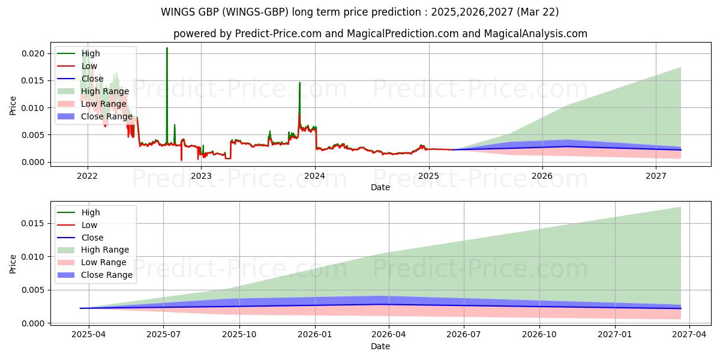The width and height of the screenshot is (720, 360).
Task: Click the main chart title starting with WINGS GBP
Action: (x=360, y=11)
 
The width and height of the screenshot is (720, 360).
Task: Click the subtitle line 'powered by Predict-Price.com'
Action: (x=380, y=34)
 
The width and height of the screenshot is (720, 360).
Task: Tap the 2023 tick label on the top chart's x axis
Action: (x=201, y=176)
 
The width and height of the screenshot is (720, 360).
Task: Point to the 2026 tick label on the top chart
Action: (x=542, y=176)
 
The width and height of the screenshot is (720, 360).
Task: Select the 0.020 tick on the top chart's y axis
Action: (x=32, y=53)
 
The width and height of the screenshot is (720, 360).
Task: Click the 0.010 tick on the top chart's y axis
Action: (x=32, y=108)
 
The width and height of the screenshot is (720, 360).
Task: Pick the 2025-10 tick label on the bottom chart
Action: (x=239, y=335)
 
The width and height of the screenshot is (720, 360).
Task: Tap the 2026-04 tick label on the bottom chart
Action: (x=389, y=335)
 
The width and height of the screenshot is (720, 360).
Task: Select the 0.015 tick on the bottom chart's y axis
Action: (x=32, y=223)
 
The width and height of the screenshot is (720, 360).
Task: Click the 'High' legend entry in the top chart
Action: (x=91, y=53)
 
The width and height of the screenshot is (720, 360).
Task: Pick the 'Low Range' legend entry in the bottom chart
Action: (x=104, y=262)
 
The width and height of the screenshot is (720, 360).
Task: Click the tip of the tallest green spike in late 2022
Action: (x=167, y=48)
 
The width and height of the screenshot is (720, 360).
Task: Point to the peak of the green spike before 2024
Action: (x=299, y=83)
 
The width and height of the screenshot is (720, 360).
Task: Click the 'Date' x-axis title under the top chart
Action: (x=380, y=187)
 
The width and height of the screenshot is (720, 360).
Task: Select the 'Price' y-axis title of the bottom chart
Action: (x=13, y=264)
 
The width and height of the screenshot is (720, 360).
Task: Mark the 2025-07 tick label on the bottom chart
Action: (x=164, y=335)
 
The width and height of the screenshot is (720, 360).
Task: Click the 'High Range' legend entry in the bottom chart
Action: (x=105, y=250)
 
